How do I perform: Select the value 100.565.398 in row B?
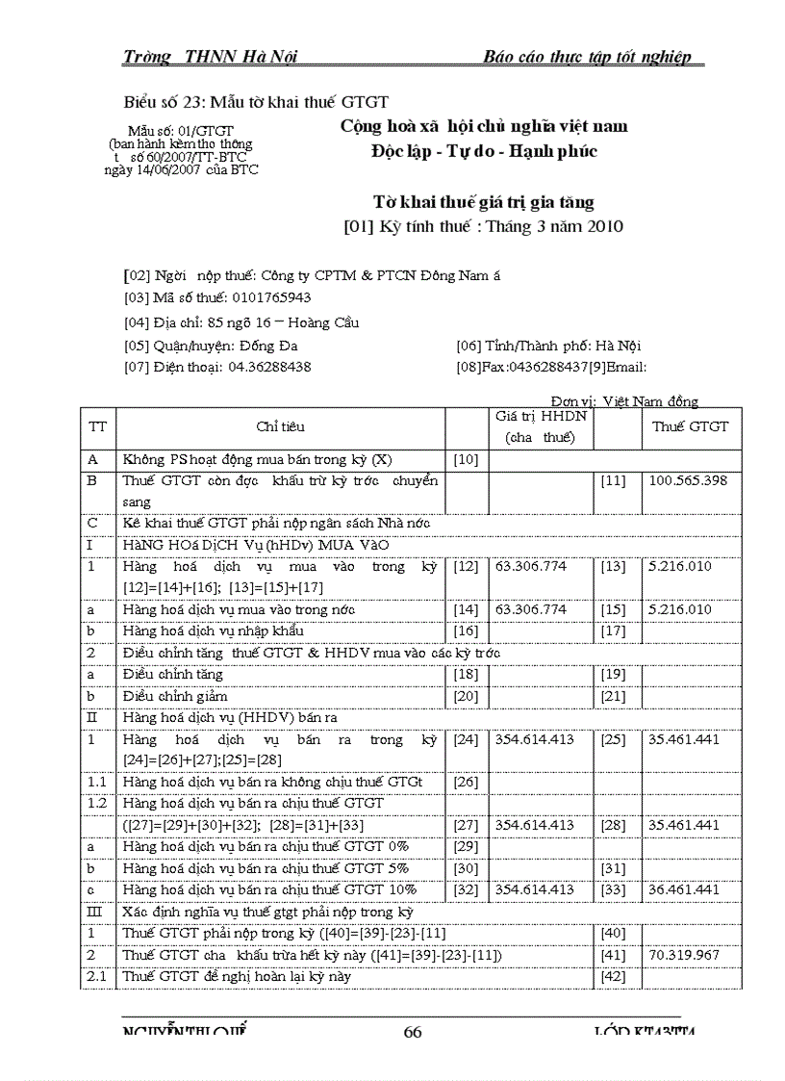pos(688,479)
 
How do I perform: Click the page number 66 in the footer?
pos(413,1032)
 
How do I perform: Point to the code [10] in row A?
pos(465,459)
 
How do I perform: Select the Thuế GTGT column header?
pos(690,426)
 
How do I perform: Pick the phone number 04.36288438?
pos(269,367)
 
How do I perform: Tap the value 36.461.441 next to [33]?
pos(684,889)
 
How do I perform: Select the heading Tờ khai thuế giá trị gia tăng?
pos(483,202)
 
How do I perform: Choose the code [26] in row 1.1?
pos(465,782)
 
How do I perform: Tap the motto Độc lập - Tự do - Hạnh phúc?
pos(483,152)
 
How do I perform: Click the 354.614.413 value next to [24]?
pos(534,739)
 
